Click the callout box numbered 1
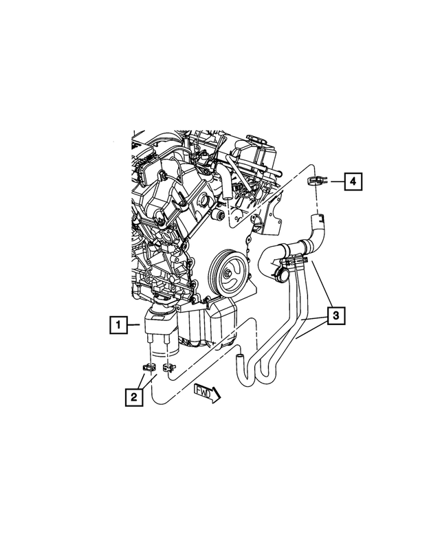pos(119,323)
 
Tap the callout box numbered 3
pos(335,316)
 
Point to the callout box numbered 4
pos(353,181)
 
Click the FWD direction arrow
pos(206,392)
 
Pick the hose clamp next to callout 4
pos(315,181)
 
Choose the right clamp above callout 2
pos(168,365)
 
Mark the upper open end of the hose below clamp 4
pos(318,220)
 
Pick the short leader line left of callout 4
pos(333,181)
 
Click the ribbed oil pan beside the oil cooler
pos(205,326)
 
